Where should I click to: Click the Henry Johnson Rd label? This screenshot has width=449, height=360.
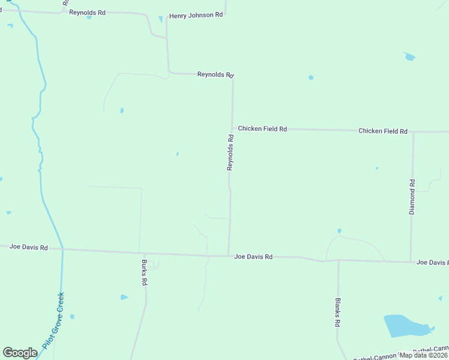(x=196, y=15)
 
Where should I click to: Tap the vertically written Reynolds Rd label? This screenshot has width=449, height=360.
(x=230, y=152)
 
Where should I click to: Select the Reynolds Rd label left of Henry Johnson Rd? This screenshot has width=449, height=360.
(x=87, y=12)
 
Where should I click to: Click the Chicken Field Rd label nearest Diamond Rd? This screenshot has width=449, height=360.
(x=383, y=131)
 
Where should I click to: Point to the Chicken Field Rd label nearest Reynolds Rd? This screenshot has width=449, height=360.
(x=262, y=128)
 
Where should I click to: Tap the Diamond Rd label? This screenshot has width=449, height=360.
(x=412, y=197)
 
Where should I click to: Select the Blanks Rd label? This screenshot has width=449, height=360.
(x=338, y=311)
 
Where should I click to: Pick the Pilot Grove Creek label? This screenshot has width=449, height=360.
(x=53, y=321)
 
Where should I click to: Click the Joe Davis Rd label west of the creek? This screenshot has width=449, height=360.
(x=28, y=247)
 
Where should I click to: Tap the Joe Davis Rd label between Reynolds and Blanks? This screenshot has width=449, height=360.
(x=253, y=257)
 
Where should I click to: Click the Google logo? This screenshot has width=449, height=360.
(x=20, y=353)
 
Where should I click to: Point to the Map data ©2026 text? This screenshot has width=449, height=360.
(x=423, y=355)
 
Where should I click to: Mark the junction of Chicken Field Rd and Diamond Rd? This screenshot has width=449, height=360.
(x=413, y=131)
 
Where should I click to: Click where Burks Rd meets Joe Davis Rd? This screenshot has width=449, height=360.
(x=140, y=252)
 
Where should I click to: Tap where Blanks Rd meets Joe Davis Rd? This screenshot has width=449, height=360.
(x=339, y=260)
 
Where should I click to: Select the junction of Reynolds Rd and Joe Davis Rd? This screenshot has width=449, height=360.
(x=229, y=255)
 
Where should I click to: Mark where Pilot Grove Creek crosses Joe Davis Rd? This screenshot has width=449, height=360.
(x=62, y=249)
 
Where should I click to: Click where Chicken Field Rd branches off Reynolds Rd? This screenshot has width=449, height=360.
(x=232, y=128)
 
